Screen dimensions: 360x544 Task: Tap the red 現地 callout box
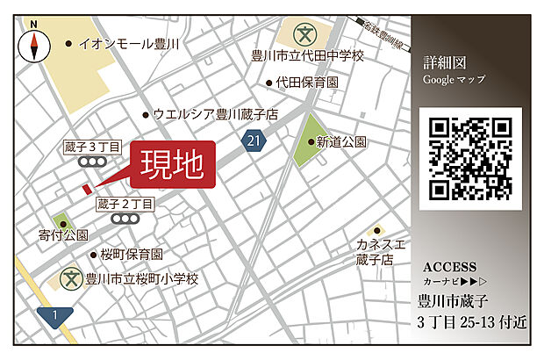(x=173, y=164)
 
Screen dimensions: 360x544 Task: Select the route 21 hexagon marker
(x=254, y=140)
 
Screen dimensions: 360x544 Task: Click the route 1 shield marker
(x=55, y=314)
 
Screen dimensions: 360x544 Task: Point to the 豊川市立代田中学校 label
(x=307, y=56)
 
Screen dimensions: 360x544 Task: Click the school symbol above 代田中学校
(x=303, y=35)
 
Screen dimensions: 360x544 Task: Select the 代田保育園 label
(x=308, y=83)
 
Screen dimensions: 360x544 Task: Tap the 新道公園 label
(x=341, y=140)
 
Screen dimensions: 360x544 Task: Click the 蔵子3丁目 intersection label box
(x=91, y=147)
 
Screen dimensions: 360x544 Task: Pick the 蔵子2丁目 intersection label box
(x=125, y=204)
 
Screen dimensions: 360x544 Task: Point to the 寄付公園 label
(x=64, y=235)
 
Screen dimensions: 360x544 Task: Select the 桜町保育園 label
(x=131, y=255)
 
